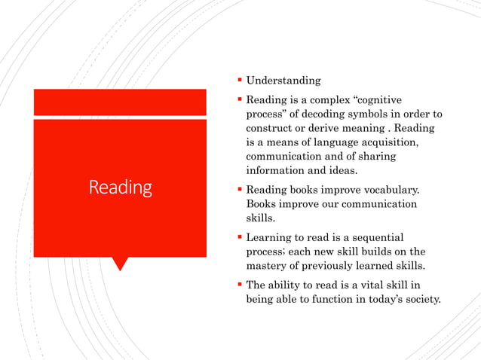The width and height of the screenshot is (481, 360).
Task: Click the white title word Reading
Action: click(121, 187)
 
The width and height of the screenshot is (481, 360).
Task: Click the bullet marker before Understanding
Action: click(239, 80)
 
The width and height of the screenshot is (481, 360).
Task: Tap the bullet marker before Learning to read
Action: click(239, 236)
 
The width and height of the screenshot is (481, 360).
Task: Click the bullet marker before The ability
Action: click(239, 285)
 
